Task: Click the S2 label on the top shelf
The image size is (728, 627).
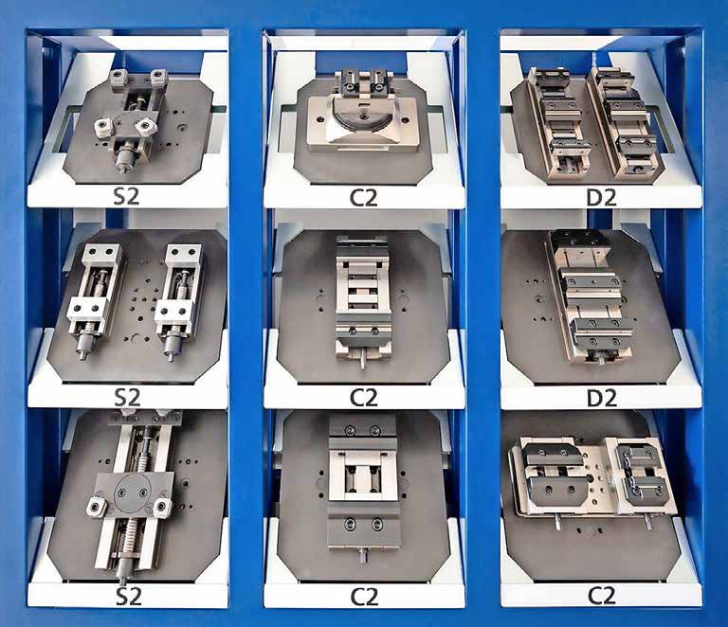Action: click(126, 197)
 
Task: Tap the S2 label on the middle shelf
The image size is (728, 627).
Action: click(127, 398)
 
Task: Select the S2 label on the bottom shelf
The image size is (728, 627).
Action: click(128, 597)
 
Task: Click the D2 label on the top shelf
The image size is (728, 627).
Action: click(602, 197)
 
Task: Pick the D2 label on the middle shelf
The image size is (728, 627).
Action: click(602, 398)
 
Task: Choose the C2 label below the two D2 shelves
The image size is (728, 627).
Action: click(602, 596)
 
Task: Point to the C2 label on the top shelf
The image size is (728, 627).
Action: click(364, 197)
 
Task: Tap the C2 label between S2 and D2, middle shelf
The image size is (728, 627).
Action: click(364, 398)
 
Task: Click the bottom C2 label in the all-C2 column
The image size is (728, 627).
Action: click(364, 597)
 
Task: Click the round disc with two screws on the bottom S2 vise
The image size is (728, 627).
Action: click(133, 492)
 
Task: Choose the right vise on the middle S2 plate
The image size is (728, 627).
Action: click(179, 300)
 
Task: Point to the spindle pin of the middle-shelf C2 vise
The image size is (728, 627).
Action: click(363, 359)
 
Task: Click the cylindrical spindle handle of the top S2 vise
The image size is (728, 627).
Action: click(123, 159)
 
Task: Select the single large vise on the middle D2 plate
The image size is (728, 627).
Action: click(591, 296)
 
